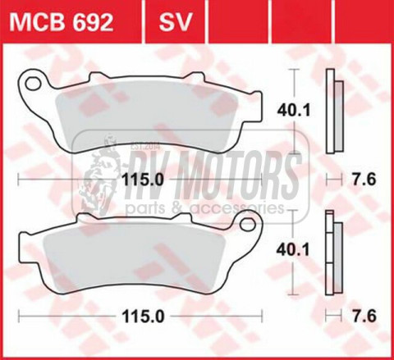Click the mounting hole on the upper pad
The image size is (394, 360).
(33, 81)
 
